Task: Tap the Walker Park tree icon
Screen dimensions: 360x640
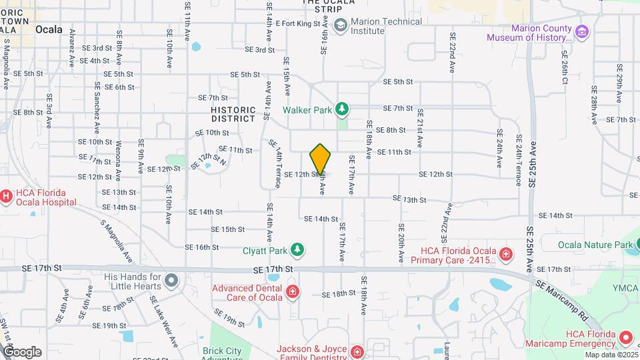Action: (342, 108)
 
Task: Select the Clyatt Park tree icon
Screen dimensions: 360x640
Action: (297, 251)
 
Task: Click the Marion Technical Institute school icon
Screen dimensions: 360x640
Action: (341, 25)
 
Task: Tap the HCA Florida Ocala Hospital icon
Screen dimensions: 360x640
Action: (6, 196)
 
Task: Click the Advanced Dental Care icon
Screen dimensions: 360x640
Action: (292, 291)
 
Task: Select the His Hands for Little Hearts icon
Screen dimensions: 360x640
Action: (172, 280)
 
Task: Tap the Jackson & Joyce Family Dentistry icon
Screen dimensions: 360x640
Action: (357, 351)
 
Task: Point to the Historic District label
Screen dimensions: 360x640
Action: (233, 114)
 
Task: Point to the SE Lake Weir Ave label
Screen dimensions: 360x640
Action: (163, 322)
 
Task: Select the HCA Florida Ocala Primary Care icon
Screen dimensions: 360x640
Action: (506, 253)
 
